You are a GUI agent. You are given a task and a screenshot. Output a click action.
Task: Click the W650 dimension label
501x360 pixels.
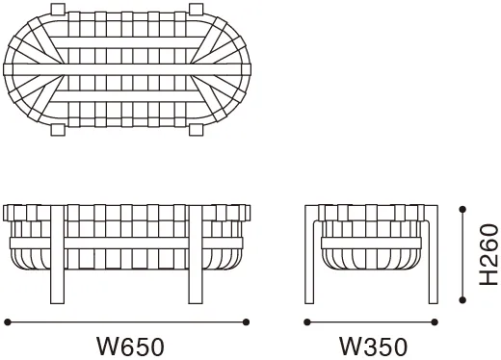click(130, 347)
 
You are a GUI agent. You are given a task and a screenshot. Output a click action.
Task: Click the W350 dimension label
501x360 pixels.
click(374, 347)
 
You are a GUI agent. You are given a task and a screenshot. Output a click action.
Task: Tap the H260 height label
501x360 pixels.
click(488, 255)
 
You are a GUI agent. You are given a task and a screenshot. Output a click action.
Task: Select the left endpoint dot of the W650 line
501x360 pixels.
click(8, 321)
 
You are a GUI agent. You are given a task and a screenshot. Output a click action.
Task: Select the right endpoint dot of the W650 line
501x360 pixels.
click(246, 321)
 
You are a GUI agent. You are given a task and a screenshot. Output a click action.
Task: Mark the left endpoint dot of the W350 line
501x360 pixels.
click(307, 321)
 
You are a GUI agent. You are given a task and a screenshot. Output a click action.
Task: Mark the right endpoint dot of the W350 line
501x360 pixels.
click(435, 321)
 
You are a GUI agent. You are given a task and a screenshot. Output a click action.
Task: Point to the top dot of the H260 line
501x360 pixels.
click(462, 210)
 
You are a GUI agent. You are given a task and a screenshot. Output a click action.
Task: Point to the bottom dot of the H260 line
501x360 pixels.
click(462, 300)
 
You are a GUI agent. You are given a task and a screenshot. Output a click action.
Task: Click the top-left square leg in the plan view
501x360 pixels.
click(58, 9)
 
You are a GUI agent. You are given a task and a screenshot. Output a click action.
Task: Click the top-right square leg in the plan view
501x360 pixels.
click(196, 9)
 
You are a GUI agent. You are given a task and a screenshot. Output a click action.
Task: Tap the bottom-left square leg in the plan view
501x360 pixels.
click(58, 130)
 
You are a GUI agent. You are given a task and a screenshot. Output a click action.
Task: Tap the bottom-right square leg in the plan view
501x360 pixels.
click(196, 130)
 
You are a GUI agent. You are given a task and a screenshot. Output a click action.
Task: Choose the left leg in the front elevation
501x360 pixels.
click(58, 254)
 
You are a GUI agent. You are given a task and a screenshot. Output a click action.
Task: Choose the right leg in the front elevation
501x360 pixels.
click(196, 254)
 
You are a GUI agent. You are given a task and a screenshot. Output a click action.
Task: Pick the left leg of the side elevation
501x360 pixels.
click(309, 254)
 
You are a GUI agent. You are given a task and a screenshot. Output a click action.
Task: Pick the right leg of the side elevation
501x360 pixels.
click(434, 254)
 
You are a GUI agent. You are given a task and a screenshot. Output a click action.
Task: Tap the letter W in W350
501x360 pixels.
click(350, 347)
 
